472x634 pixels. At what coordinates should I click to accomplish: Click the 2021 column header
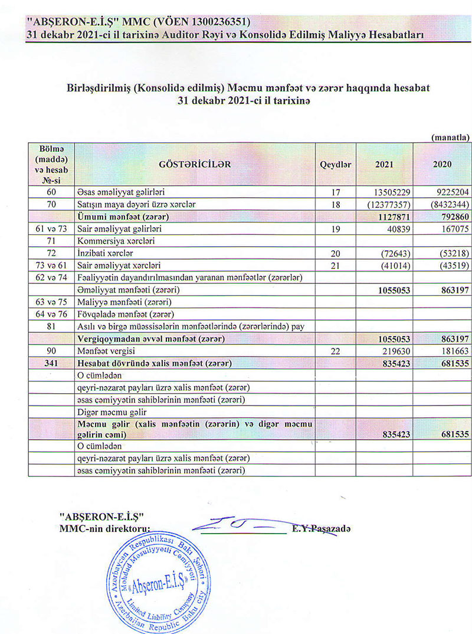[x=384, y=164]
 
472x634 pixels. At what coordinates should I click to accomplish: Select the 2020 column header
[x=442, y=164]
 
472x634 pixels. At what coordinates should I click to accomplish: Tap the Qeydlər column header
[x=335, y=164]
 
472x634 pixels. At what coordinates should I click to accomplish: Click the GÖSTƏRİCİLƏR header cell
[x=195, y=164]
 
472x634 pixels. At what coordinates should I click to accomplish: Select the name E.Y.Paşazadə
[x=321, y=529]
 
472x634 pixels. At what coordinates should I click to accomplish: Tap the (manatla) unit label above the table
[x=450, y=137]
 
